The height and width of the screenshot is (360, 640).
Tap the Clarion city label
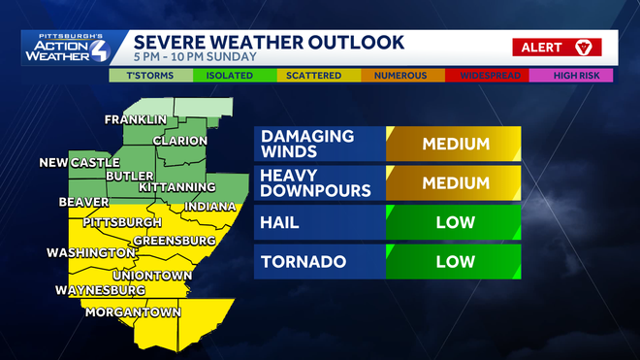180,141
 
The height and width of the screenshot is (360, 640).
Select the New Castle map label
80,162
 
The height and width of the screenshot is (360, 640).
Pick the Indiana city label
210,207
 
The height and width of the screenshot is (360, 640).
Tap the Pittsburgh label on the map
121,223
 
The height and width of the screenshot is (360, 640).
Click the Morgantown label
134,312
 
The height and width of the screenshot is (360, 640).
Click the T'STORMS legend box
143,75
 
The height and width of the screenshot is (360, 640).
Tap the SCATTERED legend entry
309,75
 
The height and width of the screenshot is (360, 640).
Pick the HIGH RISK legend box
583,75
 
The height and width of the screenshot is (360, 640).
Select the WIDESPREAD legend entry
500,75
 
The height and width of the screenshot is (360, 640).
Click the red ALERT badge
558,47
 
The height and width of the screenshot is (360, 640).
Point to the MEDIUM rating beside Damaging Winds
454,144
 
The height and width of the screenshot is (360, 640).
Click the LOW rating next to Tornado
454,261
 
